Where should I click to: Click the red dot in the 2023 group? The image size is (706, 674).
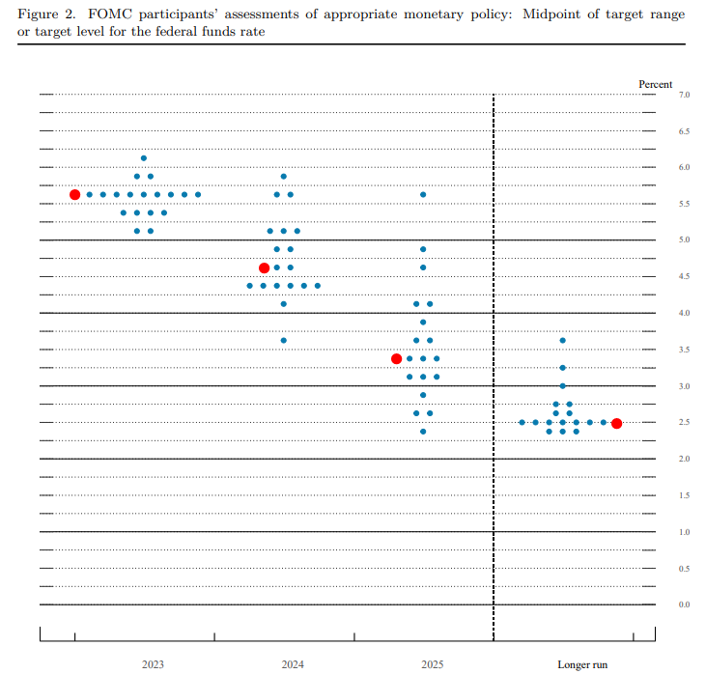coord(75,194)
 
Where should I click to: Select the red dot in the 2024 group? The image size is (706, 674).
coord(264,267)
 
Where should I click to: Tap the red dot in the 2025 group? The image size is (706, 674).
coord(396,358)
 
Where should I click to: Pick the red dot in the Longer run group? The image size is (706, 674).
coord(616,423)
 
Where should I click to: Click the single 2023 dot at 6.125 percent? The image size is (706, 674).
coord(144,158)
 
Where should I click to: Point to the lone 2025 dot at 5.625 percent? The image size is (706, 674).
coord(423,194)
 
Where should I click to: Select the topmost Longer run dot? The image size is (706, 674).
coord(562,341)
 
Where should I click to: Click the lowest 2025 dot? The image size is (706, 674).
coord(423,432)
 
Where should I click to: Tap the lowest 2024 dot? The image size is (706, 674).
coord(283,340)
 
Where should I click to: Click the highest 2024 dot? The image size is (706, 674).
coord(283,177)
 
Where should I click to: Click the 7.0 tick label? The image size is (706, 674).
coord(684,95)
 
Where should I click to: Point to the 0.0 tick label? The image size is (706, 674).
coord(684,604)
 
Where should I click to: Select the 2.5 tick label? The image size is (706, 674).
coord(684,423)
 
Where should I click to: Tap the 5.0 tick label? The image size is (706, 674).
coord(684,240)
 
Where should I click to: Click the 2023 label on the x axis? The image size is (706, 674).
coord(153,664)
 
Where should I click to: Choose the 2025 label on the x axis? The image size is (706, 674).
coord(433,664)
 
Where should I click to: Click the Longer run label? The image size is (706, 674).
coord(582,664)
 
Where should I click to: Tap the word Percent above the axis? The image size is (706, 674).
coord(656,84)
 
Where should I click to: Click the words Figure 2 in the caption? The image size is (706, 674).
coord(43,14)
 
